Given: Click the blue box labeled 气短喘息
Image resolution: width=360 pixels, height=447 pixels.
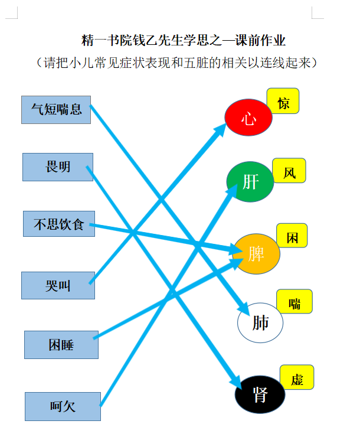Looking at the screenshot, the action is coord(56,110).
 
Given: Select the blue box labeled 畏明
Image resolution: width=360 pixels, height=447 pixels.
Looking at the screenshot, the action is coord(58,167).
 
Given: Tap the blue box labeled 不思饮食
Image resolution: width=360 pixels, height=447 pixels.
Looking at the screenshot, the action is coord(59,224).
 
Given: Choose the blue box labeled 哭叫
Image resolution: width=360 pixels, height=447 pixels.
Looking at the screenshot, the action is coord(58,285).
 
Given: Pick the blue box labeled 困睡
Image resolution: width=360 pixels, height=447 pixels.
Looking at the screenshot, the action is coord(61,345).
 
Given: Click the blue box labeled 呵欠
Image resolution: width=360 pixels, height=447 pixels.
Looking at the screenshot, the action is coord(63,406).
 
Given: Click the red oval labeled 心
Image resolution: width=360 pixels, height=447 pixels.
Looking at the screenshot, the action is coord(248,117).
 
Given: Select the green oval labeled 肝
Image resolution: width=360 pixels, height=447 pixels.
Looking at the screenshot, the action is coord(250,182).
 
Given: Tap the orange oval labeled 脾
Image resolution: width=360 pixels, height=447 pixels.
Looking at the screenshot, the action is coord(256,254).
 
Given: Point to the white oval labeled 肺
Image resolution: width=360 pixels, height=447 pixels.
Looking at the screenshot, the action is coord(260,322).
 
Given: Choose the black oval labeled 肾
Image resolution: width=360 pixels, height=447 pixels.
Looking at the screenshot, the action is coord(260,394).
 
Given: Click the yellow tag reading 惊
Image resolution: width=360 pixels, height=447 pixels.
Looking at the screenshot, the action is coord(283,101).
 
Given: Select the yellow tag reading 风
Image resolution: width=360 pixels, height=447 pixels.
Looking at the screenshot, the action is coord(289,171).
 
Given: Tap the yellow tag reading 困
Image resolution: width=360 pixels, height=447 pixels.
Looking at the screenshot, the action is coord(292,236).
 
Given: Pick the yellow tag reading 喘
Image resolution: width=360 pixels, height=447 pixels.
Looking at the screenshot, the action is coord(294,301).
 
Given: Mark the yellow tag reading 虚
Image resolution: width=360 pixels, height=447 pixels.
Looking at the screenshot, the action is coord(297,377).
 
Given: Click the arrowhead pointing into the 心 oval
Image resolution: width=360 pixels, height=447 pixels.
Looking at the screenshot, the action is coord(220,130).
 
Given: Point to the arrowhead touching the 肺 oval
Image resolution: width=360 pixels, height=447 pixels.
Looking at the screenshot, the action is coord(244,308).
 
